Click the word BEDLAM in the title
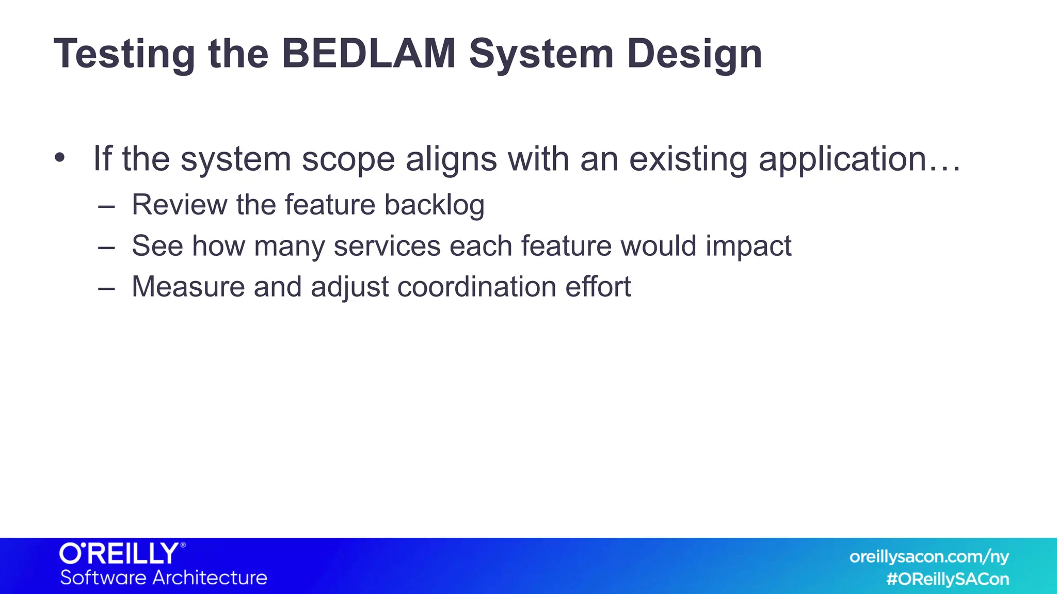[369, 54]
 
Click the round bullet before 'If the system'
[60, 157]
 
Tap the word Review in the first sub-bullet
[179, 205]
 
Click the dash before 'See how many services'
[106, 247]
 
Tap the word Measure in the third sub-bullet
[188, 287]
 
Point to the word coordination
[476, 287]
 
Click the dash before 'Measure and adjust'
[106, 288]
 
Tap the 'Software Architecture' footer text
[164, 577]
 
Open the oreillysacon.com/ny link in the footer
[928, 557]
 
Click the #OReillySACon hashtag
[947, 579]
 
